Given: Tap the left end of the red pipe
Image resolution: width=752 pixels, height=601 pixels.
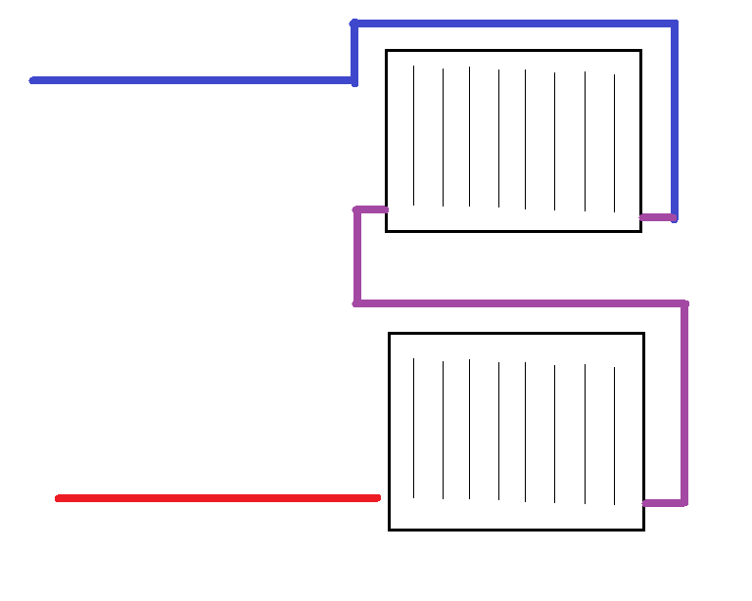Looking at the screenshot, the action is [x=59, y=498].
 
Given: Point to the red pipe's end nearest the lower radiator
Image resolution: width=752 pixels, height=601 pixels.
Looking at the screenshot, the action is [x=376, y=498].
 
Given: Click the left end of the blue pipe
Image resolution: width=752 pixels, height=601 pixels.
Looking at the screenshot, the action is [x=33, y=80].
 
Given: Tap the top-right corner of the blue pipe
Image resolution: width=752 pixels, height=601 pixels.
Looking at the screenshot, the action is [x=675, y=22].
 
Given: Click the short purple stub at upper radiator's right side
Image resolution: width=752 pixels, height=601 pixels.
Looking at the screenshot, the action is [x=657, y=216].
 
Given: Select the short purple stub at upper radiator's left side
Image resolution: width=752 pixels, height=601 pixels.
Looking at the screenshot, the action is [x=371, y=208].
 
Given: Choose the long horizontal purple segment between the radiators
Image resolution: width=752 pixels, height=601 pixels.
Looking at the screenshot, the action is [x=520, y=303].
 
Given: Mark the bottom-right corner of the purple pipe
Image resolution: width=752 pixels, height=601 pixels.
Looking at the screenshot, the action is [x=684, y=503].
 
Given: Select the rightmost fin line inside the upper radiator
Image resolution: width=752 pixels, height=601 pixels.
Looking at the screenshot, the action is [x=615, y=143].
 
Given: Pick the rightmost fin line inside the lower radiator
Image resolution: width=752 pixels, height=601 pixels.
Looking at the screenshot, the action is [x=615, y=436].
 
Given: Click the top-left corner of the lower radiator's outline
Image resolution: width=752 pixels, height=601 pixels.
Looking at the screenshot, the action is [x=390, y=334].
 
